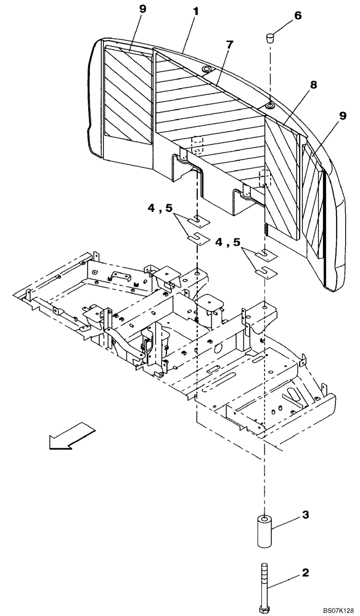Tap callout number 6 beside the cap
click(x=298, y=15)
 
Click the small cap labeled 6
click(x=270, y=39)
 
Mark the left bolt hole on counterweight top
click(x=206, y=69)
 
